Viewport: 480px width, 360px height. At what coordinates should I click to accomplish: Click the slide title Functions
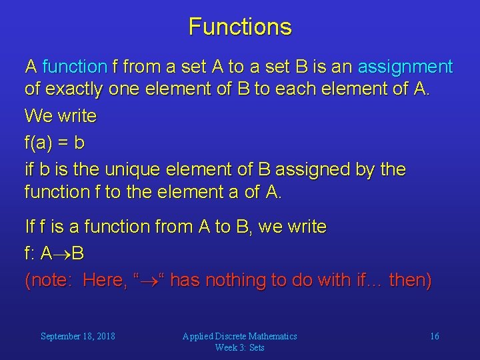point(240,27)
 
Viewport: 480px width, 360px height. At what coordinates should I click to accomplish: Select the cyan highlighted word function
point(74,67)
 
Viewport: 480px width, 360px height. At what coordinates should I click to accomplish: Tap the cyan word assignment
point(405,67)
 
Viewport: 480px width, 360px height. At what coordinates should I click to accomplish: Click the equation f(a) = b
point(54,143)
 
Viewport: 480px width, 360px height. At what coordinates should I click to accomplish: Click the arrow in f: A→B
point(62,254)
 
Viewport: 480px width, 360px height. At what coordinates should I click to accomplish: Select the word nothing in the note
point(231,281)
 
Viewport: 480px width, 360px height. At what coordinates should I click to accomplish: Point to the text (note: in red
point(49,281)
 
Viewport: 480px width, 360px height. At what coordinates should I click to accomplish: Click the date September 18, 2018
point(77,336)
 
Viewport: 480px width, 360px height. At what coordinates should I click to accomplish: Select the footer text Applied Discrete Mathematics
point(239,336)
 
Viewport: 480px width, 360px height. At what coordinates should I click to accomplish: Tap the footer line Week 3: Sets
point(239,347)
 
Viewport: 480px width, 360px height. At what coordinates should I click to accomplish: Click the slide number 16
point(434,336)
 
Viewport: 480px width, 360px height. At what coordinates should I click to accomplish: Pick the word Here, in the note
point(105,281)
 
